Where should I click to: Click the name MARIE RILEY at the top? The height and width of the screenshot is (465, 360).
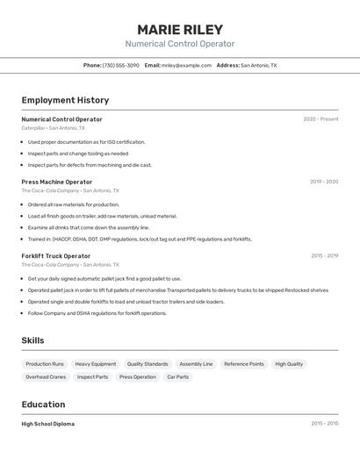180,30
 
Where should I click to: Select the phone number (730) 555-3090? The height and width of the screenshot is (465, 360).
120,65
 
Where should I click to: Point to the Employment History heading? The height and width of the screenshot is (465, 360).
65,100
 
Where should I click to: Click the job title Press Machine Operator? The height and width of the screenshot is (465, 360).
57,182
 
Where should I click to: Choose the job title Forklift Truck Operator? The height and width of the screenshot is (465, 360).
56,255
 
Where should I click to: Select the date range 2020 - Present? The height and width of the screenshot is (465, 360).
320,119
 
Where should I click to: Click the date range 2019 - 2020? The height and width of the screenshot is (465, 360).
324,182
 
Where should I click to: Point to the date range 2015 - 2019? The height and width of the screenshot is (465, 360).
324,255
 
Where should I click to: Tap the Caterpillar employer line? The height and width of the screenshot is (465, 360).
54,128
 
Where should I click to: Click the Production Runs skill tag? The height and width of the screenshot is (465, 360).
45,363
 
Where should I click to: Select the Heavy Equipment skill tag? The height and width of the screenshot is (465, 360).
95,363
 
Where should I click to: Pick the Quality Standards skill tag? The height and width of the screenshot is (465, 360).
148,363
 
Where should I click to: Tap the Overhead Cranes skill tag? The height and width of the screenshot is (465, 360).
46,376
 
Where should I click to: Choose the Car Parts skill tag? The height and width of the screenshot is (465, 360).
177,376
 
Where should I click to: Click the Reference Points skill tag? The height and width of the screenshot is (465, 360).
243,363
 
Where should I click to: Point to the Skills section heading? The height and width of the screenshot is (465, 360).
32,340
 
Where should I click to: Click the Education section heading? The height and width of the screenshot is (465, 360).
43,404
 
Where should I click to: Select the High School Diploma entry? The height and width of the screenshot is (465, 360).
48,424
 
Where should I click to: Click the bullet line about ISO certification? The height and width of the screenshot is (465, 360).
86,141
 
